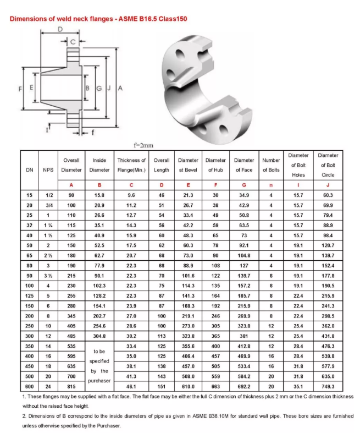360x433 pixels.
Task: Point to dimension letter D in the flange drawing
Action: tap(59, 29)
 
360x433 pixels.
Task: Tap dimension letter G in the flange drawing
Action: tap(99, 88)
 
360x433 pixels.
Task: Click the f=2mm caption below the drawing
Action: tap(144, 145)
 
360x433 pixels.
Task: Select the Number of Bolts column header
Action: tap(271, 165)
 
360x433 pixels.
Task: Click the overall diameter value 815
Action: tap(71, 387)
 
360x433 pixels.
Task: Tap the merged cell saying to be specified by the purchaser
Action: tap(99, 365)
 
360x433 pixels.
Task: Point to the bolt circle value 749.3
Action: tap(328, 387)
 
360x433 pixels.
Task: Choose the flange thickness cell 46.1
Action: tap(131, 387)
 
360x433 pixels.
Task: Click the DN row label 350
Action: tap(30, 346)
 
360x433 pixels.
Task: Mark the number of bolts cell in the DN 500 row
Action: tap(271, 376)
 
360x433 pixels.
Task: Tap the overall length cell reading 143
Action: tap(162, 376)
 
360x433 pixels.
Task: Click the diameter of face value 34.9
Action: tap(244, 195)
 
